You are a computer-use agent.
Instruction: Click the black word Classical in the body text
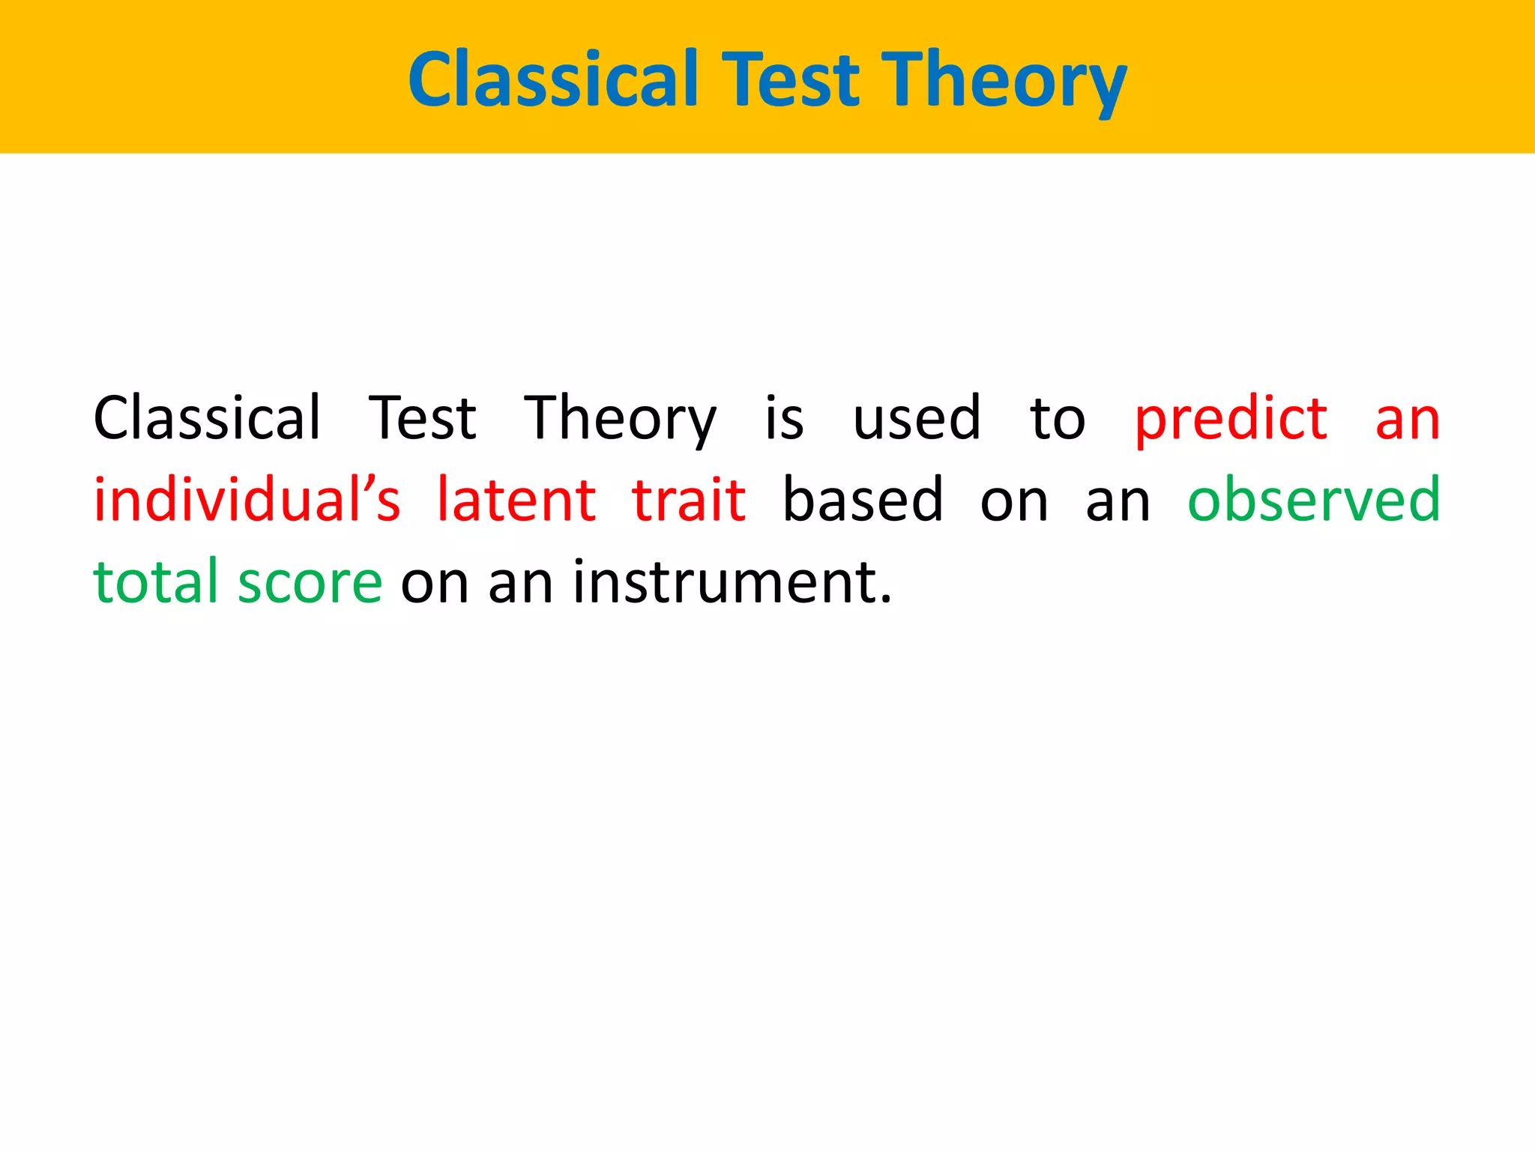pyautogui.click(x=207, y=417)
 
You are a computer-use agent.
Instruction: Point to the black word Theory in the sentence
pyautogui.click(x=620, y=419)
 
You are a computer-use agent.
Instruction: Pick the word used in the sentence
pyautogui.click(x=916, y=417)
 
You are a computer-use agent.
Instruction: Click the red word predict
pyautogui.click(x=1231, y=419)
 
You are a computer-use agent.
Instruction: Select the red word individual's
pyautogui.click(x=247, y=499)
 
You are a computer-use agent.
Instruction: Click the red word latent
pyautogui.click(x=516, y=499)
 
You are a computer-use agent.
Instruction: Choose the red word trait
pyautogui.click(x=689, y=499)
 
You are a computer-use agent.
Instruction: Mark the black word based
pyautogui.click(x=863, y=499)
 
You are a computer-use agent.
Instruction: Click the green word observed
pyautogui.click(x=1314, y=499)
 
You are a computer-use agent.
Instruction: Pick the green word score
pyautogui.click(x=310, y=582)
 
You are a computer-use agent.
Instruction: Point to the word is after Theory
pyautogui.click(x=784, y=417)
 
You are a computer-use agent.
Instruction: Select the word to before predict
pyautogui.click(x=1057, y=419)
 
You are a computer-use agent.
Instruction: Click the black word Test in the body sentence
pyautogui.click(x=423, y=417)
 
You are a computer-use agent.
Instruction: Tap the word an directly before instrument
pyautogui.click(x=520, y=582)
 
